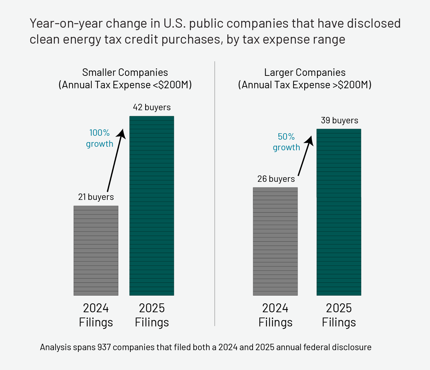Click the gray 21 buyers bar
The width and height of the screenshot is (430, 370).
96,250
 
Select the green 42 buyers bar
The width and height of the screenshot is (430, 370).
152,206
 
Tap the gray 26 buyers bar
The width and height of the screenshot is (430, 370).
275,241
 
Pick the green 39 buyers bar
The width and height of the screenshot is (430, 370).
339,212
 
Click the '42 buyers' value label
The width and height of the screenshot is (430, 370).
152,107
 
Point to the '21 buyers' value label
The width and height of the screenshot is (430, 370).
96,197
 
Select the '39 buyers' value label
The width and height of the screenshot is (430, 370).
339,120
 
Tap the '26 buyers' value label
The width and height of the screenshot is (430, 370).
276,179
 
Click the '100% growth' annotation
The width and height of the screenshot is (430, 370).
100,138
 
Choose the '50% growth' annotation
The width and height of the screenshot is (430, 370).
286,142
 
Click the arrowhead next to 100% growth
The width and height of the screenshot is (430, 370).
121,133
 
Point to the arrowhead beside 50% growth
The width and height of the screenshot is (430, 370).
310,140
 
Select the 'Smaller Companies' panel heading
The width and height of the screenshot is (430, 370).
125,72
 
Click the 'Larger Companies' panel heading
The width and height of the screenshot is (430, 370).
305,72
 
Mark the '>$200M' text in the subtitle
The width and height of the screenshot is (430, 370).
352,85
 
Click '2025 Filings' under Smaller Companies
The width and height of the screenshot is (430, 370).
152,315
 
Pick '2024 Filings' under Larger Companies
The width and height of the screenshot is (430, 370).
275,315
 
